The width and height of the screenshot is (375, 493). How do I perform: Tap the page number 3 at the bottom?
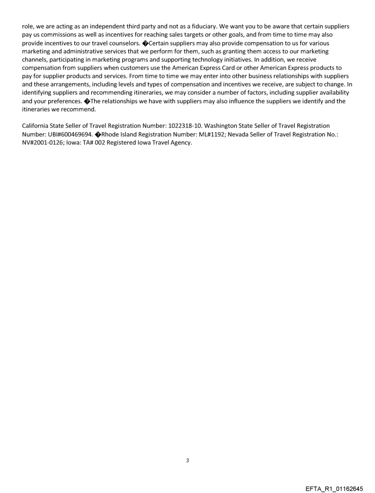click(x=187, y=460)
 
